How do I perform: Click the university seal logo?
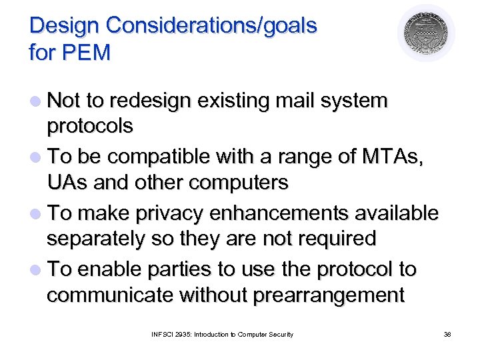(426, 33)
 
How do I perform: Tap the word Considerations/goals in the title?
(211, 25)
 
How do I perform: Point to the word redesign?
(149, 101)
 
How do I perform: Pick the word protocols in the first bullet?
(90, 125)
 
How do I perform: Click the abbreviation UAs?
(65, 182)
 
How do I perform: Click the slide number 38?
(447, 334)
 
